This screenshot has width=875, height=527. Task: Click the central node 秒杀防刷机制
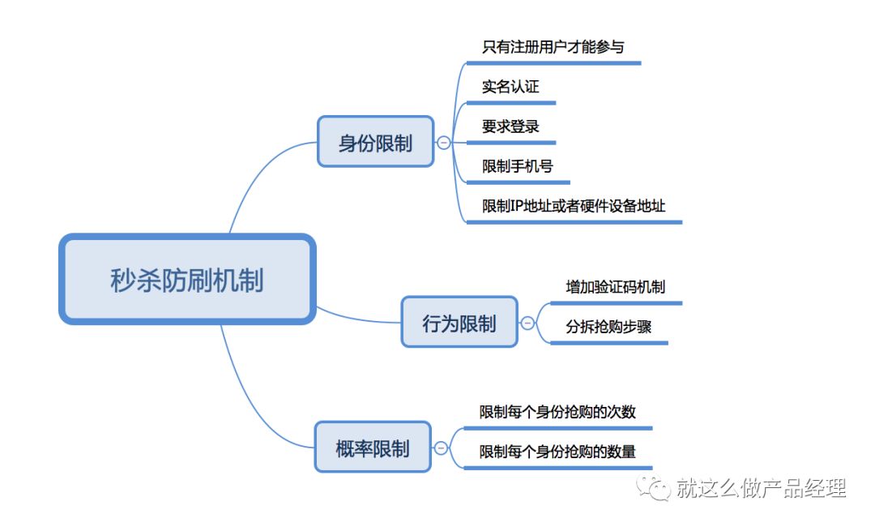pyautogui.click(x=186, y=280)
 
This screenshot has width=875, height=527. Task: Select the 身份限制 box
pyautogui.click(x=375, y=142)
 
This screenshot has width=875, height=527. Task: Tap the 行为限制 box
pyautogui.click(x=459, y=322)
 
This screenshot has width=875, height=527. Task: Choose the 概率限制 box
pyautogui.click(x=373, y=447)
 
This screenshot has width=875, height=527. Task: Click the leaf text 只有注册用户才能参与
pyautogui.click(x=553, y=46)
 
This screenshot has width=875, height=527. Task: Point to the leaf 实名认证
pyautogui.click(x=510, y=87)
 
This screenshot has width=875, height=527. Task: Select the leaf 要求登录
pyautogui.click(x=510, y=126)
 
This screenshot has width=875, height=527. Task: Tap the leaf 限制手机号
pyautogui.click(x=518, y=166)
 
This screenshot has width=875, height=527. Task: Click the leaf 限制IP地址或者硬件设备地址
pyautogui.click(x=574, y=206)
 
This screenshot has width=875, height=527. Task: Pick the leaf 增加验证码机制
pyautogui.click(x=616, y=287)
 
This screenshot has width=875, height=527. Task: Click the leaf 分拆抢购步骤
pyautogui.click(x=608, y=327)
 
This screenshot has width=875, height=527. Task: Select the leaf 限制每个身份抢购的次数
pyautogui.click(x=557, y=412)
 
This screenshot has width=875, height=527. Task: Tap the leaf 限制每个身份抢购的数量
pyautogui.click(x=557, y=452)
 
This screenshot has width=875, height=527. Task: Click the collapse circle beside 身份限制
pyautogui.click(x=444, y=143)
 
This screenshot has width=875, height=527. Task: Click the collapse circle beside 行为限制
pyautogui.click(x=527, y=323)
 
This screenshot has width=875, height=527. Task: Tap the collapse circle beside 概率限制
pyautogui.click(x=441, y=448)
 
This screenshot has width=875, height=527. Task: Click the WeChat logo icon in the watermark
pyautogui.click(x=654, y=488)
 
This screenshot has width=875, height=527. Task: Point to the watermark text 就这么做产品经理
pyautogui.click(x=762, y=488)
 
